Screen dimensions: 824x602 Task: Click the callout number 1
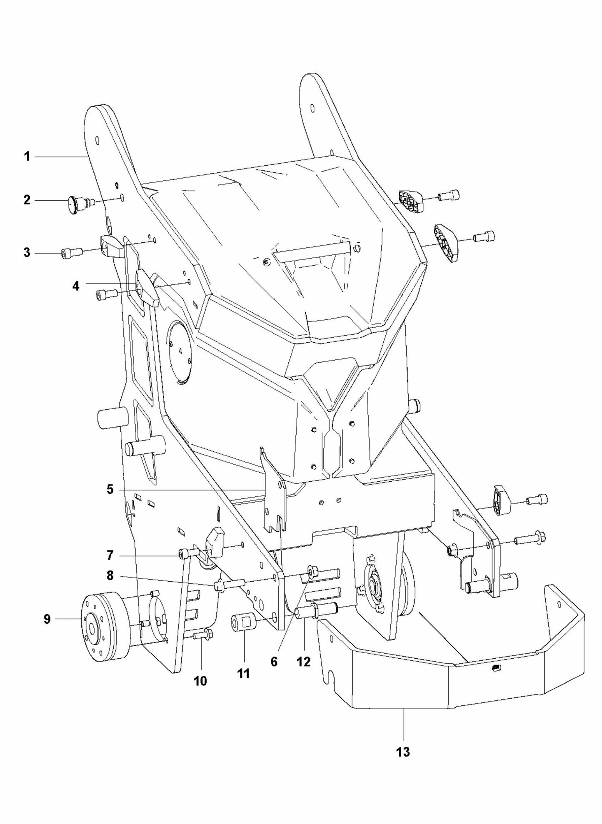[x=27, y=157]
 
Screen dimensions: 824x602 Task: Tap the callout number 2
[x=27, y=200]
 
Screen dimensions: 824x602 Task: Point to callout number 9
[x=47, y=620]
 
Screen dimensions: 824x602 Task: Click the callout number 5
[x=110, y=490]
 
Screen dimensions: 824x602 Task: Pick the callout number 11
[x=243, y=673]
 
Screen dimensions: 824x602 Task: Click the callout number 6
[x=274, y=662]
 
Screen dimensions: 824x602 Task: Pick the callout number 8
[x=110, y=576]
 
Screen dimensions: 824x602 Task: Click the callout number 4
[x=76, y=286]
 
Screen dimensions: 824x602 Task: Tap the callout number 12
[x=304, y=662]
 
